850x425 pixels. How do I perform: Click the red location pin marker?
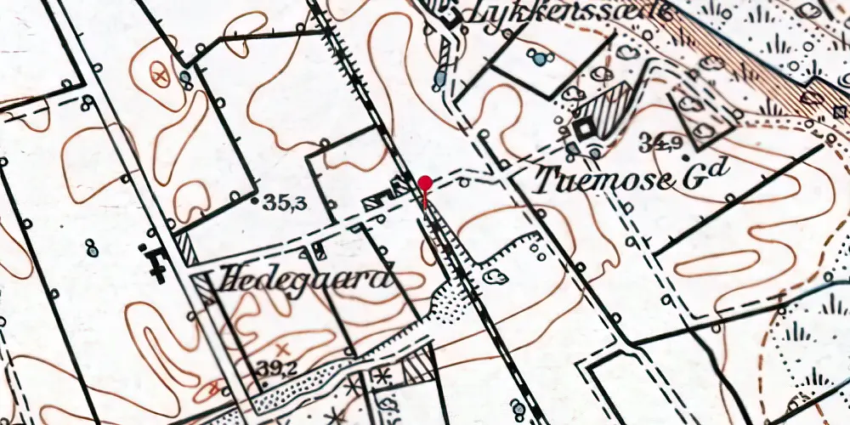[x=424, y=184]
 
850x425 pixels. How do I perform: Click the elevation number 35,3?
[x=284, y=203]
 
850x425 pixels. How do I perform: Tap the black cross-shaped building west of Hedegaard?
[x=156, y=262]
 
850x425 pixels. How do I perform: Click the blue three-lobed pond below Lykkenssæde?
[x=536, y=58]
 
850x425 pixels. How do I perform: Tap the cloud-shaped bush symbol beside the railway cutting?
[x=495, y=275]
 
